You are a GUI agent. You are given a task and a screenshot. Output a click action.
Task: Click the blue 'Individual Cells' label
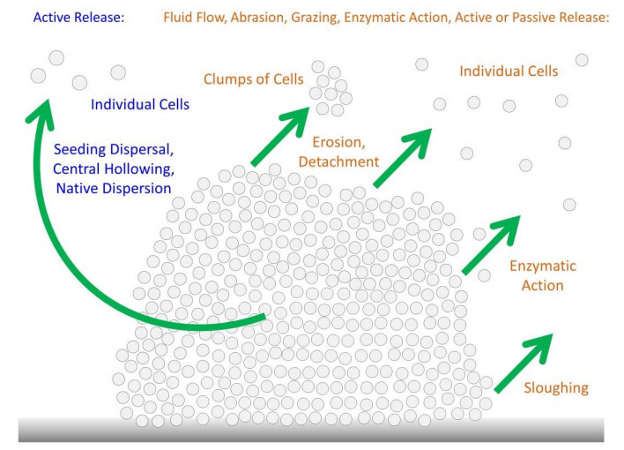[x=140, y=105]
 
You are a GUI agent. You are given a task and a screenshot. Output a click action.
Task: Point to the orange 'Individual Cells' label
[x=509, y=71]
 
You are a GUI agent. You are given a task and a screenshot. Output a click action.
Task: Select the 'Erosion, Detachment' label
[x=338, y=152]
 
